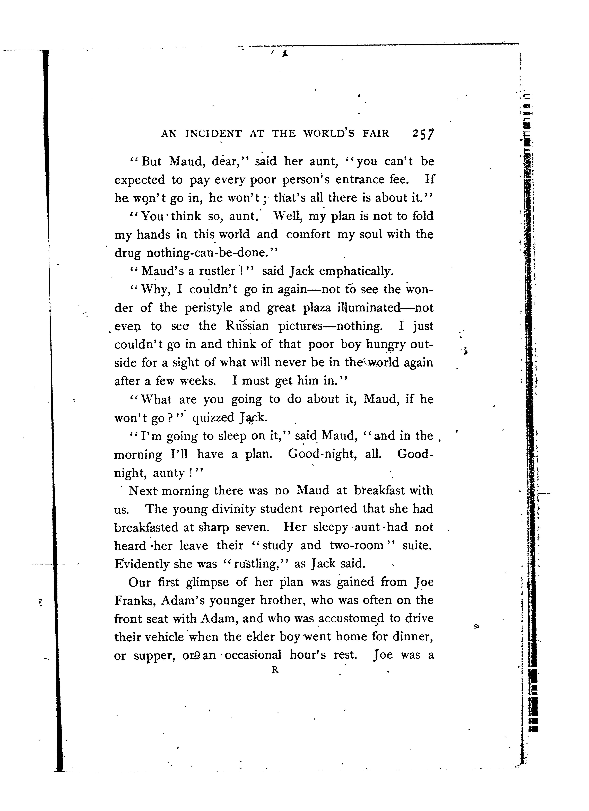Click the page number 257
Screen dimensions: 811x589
point(423,133)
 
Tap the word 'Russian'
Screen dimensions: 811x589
point(247,326)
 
